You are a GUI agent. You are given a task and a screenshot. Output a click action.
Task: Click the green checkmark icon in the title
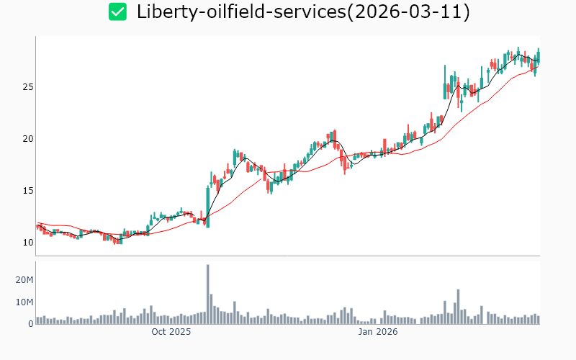(117, 12)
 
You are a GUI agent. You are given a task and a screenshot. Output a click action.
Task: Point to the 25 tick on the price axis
(26, 87)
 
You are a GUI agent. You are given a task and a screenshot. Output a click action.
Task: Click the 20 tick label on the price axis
(26, 139)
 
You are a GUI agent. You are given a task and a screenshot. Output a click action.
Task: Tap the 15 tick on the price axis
(26, 191)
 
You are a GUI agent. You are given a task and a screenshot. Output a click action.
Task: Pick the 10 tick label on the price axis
(26, 243)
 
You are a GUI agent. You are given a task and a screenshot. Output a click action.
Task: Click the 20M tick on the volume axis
(24, 279)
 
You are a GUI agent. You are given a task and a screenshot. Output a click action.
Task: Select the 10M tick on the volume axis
(24, 302)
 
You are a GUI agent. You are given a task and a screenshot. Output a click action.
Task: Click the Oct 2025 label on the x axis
(171, 332)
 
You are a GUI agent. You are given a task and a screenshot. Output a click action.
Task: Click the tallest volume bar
(208, 294)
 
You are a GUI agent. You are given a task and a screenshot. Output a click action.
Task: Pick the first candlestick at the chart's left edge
(37, 226)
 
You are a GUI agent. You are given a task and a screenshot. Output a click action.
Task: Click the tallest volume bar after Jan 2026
(458, 307)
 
